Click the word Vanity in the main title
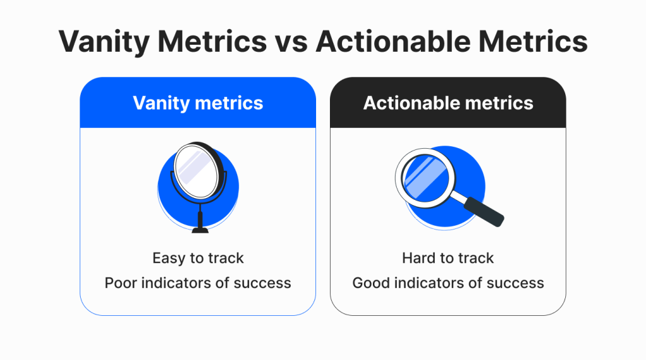[x=104, y=42]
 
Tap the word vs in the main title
[x=291, y=42]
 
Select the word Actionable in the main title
[x=393, y=41]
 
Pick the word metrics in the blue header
[x=229, y=103]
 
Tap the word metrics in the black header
[x=499, y=103]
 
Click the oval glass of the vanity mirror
[x=196, y=170]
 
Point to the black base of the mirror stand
[x=200, y=229]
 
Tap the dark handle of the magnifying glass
[x=484, y=212]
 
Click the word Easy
[x=169, y=258]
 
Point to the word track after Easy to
[x=226, y=258]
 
